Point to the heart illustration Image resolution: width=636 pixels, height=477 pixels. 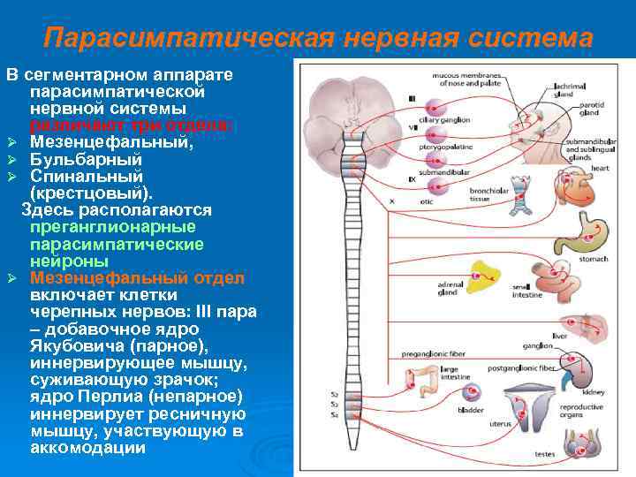(x=568, y=185)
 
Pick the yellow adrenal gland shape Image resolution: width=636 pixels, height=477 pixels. (x=484, y=276)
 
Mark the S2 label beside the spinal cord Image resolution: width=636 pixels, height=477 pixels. (x=334, y=392)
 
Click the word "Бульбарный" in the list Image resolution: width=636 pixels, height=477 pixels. (x=86, y=159)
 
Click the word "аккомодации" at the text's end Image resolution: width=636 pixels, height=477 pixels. (x=87, y=447)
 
